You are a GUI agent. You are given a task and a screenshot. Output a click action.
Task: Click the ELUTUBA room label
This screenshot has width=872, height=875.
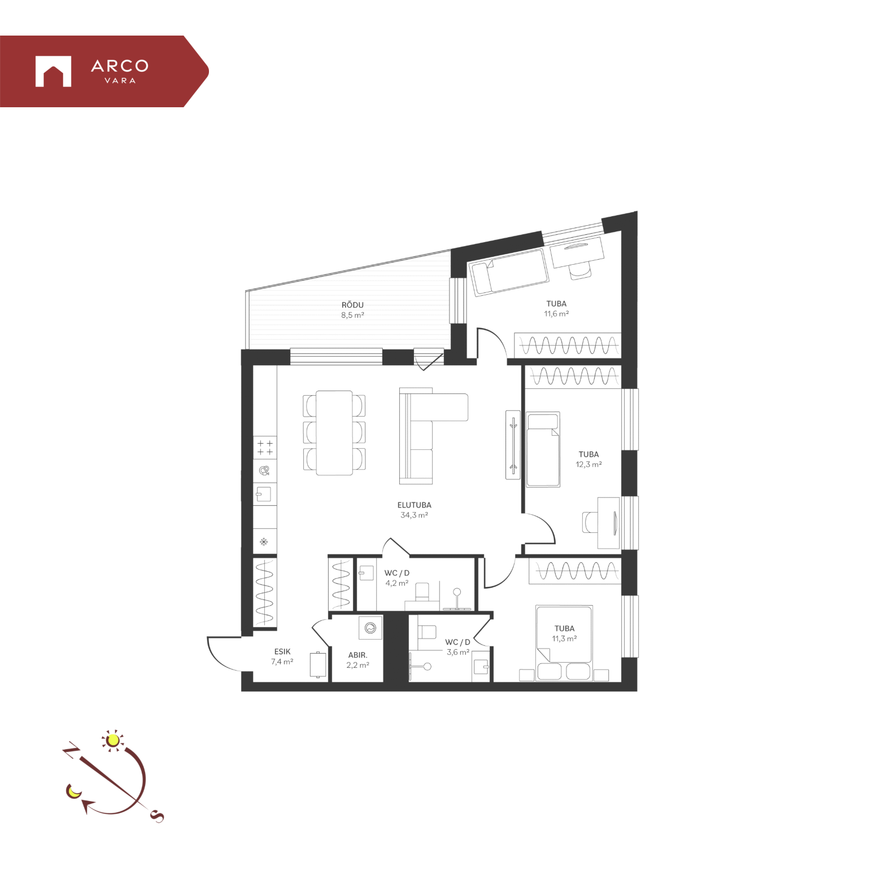coord(414,505)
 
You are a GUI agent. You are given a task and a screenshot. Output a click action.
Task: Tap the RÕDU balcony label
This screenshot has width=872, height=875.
coord(352,305)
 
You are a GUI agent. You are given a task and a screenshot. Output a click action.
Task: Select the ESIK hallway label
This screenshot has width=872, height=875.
coord(282,651)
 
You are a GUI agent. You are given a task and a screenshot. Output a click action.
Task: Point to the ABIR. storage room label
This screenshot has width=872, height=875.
coord(357,655)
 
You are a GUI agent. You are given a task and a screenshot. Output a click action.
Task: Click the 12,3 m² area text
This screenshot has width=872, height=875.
coord(588,465)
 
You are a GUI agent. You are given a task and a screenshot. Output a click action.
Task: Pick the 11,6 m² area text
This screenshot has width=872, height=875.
coord(556,314)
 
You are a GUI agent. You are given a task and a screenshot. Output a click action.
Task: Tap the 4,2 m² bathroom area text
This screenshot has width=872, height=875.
coord(396,583)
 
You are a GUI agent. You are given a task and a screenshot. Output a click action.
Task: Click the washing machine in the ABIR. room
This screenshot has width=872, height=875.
coord(370,628)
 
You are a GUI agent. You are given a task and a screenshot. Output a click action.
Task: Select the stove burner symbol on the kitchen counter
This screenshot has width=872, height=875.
coord(265,448)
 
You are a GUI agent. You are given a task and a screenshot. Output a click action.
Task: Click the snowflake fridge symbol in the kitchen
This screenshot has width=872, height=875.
coord(264,542)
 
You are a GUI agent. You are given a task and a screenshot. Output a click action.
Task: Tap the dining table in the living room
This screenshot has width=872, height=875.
coord(334,433)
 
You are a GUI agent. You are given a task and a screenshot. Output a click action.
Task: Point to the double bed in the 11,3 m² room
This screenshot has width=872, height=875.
coord(564,643)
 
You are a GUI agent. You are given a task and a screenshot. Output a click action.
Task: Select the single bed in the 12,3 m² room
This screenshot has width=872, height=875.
coord(543,449)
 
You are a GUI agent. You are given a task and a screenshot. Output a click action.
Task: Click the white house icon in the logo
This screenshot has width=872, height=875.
coord(53,71)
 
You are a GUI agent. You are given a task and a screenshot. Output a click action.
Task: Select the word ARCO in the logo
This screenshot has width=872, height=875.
coord(120,66)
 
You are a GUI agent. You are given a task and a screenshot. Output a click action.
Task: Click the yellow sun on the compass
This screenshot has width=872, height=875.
coord(113,740)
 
